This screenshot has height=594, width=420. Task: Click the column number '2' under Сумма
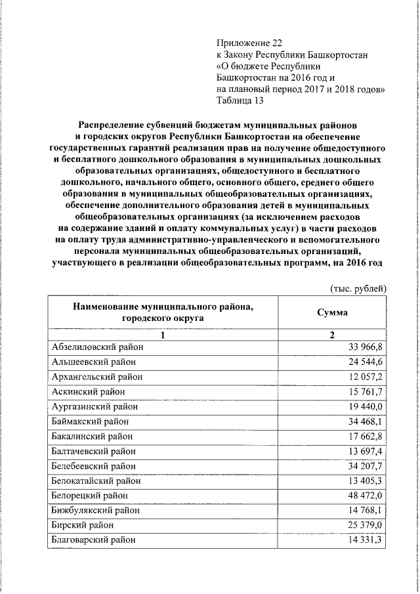332,335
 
